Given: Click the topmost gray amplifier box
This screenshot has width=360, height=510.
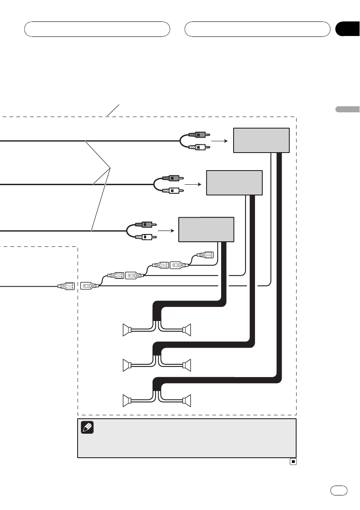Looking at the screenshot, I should (261, 140).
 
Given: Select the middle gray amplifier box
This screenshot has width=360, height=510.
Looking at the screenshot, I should (234, 182).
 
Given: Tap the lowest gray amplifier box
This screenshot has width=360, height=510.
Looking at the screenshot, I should (206, 229).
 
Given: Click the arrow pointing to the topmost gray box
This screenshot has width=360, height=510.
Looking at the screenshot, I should (219, 140).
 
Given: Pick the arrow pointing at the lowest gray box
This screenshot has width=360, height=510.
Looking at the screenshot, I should (166, 231).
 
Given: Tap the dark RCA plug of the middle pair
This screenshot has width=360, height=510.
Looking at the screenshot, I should (174, 177).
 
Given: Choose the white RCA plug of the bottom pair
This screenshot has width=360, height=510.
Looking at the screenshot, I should (146, 237).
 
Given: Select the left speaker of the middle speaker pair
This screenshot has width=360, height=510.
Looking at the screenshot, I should (126, 365).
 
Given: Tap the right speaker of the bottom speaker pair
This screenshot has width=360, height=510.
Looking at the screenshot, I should (187, 400).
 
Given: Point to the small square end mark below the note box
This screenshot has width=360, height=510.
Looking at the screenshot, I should (293, 462).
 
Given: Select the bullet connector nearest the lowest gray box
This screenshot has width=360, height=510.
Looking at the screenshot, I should (204, 256).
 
